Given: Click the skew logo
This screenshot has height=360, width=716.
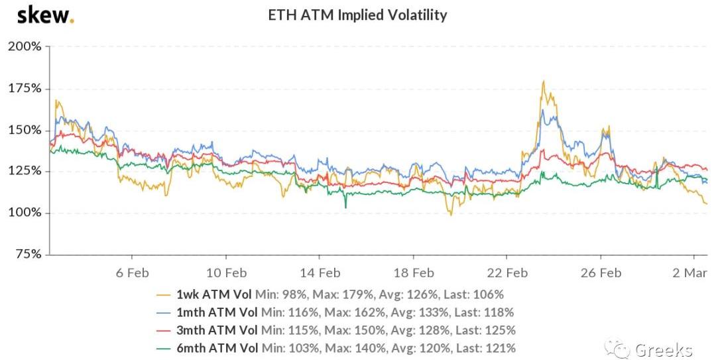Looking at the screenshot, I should point(45,15).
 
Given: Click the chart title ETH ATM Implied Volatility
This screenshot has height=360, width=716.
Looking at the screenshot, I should point(357,15).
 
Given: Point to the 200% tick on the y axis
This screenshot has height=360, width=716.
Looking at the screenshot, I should point(25,47).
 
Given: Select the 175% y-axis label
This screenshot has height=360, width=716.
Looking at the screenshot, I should point(25,89).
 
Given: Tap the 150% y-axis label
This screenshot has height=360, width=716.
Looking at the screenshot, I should point(25,130).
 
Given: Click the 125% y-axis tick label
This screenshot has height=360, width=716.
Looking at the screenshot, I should point(25,171).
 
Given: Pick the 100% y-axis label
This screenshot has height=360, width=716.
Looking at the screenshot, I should point(25,213).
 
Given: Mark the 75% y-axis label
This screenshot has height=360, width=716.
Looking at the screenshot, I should point(28,255).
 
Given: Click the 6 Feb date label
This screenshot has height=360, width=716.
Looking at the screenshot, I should point(132,272).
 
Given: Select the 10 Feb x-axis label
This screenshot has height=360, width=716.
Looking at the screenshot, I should point(226,272).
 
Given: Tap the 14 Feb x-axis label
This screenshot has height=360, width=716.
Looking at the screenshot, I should point(320,272).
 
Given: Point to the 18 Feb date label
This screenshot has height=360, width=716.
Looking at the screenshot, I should point(413,272).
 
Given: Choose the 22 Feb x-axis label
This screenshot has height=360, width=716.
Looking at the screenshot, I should point(507,272).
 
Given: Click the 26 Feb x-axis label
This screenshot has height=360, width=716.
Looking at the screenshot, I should point(601,272).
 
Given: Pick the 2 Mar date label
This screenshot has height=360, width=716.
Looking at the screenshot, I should point(693,272).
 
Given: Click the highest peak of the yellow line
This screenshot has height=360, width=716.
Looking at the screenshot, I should point(544,82).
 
